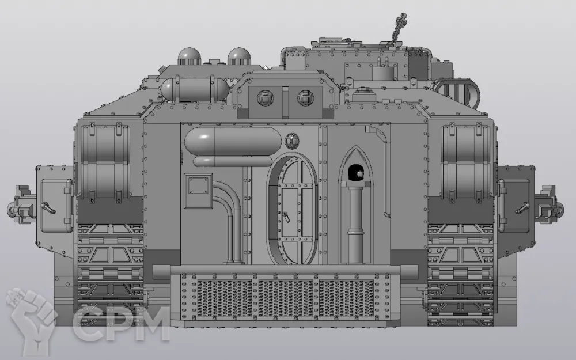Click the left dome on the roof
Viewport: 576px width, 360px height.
click(190, 56)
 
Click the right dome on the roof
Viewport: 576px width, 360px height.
click(239, 56)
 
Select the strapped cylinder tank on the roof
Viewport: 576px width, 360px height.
click(195, 89)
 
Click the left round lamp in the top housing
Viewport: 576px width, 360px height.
click(265, 98)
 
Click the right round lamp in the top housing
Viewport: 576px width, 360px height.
click(305, 98)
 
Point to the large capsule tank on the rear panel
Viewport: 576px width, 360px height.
click(233, 141)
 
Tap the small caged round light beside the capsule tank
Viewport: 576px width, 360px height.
click(292, 141)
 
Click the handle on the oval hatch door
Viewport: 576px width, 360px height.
click(286, 217)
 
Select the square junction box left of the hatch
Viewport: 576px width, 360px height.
click(198, 191)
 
